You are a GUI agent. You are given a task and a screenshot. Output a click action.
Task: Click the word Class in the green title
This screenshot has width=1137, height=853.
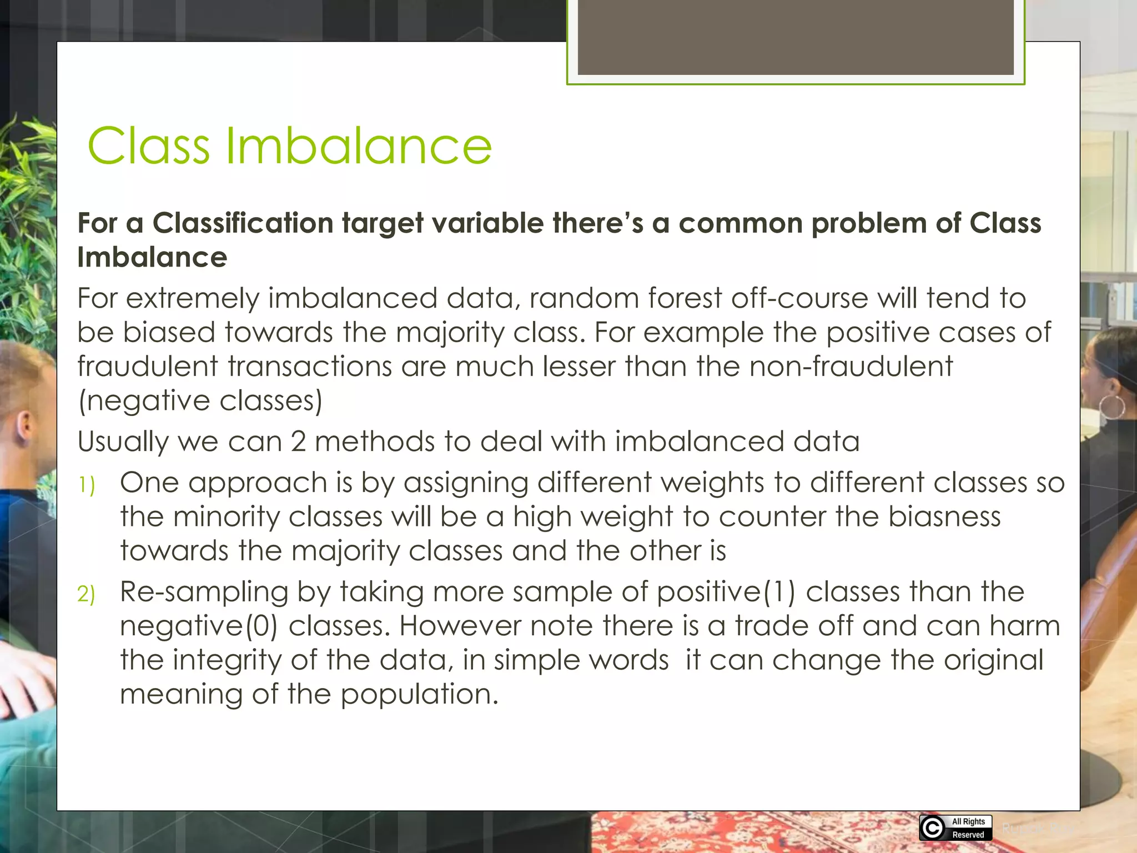point(149,146)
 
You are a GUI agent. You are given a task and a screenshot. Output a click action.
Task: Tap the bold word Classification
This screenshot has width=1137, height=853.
point(242,223)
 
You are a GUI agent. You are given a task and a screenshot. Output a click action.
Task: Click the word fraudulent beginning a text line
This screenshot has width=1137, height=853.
point(147,367)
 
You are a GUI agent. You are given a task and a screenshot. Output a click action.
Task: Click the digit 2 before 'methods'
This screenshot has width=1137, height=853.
point(298,442)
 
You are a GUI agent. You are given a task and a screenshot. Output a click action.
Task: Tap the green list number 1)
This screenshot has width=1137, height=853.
point(86,485)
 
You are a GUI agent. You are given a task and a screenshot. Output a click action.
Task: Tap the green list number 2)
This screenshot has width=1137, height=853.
point(86,594)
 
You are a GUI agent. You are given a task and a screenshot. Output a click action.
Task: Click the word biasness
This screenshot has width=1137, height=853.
point(944,517)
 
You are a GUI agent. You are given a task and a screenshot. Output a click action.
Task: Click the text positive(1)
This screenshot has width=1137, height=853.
point(726,592)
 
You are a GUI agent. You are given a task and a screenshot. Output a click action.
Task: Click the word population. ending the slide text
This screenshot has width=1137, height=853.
point(419,695)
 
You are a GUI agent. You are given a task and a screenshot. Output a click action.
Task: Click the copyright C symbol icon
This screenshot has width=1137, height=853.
point(933,828)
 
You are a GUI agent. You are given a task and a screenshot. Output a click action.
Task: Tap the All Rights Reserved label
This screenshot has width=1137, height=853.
point(968,828)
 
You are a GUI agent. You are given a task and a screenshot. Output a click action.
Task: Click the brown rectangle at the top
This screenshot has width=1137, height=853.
point(795,37)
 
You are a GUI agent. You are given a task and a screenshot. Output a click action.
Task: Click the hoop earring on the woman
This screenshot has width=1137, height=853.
point(1112,407)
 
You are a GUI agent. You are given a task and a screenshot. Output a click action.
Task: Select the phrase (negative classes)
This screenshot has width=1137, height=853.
point(200,401)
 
